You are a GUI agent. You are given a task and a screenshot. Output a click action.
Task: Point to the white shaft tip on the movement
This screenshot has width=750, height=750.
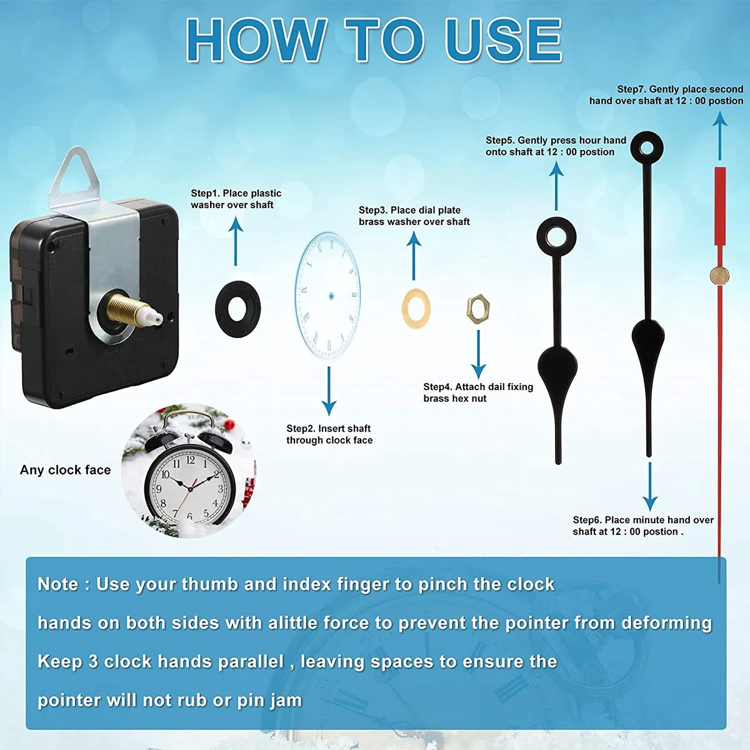click(157, 317)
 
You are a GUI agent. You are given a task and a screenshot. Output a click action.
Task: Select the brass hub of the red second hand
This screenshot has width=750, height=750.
click(719, 276)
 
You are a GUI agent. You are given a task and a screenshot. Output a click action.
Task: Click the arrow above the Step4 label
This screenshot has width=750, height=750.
click(478, 354)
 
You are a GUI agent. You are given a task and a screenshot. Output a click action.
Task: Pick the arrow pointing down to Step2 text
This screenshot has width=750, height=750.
click(329, 391)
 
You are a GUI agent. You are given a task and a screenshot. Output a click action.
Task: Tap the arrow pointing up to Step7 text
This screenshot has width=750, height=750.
click(720, 136)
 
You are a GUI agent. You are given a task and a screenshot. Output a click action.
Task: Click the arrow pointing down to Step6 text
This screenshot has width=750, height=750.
click(649, 486)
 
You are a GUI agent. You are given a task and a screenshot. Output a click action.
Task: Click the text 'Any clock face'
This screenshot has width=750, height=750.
click(66, 470)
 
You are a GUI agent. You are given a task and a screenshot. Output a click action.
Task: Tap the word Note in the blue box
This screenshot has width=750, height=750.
click(58, 584)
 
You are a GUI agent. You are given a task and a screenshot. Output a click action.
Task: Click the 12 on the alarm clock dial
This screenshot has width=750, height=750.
click(191, 459)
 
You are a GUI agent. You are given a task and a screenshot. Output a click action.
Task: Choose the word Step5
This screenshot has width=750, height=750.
click(500, 140)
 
